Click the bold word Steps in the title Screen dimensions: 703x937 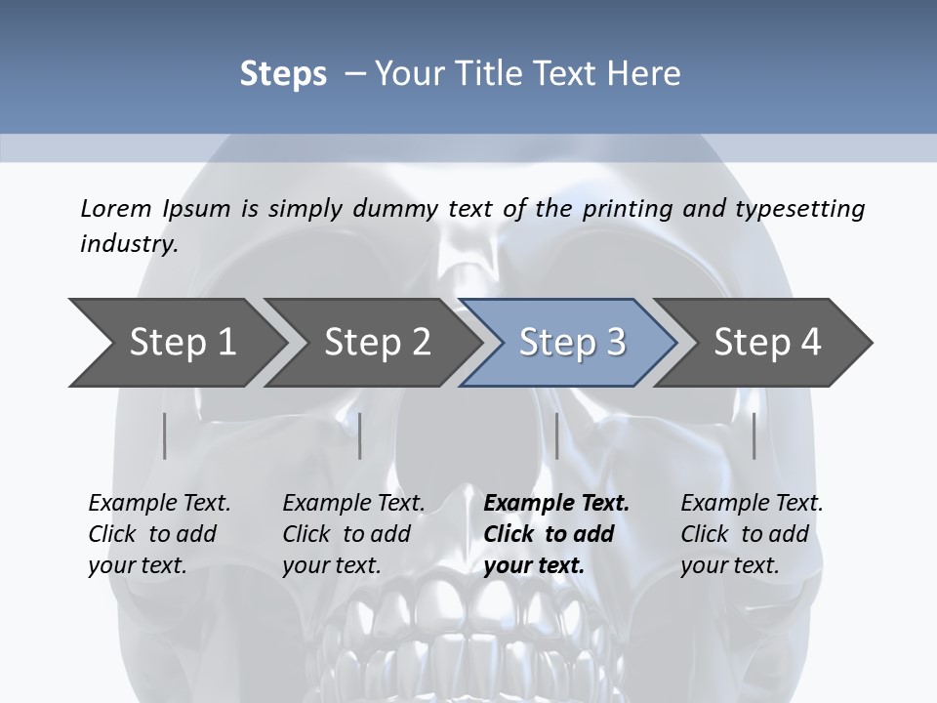coord(283,74)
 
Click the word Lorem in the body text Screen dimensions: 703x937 coord(116,208)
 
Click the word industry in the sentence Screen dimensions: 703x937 coord(127,243)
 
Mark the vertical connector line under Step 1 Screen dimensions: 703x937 coord(165,435)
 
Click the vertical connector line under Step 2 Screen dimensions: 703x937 coord(360,435)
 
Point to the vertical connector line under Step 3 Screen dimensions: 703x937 coord(556,435)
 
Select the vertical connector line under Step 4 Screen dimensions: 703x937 coord(754,435)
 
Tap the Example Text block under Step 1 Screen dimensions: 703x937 coord(159,534)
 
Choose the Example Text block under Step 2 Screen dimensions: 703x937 coord(353,534)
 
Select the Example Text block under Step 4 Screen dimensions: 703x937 coord(752,534)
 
